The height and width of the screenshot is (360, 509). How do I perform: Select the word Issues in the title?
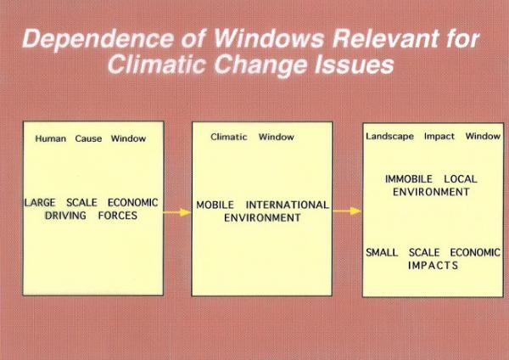point(354,65)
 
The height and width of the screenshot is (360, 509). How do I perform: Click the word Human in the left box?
point(50,138)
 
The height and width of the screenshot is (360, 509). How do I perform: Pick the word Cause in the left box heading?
point(88,138)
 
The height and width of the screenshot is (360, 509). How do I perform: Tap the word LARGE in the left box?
point(40,202)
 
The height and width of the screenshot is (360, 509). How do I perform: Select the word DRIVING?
point(65,216)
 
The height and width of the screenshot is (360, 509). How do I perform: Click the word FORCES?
point(118,216)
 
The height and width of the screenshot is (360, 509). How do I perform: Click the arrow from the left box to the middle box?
point(177,212)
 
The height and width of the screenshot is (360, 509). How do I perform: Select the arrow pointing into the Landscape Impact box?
point(347,211)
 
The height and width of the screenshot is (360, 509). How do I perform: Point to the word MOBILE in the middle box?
point(215,205)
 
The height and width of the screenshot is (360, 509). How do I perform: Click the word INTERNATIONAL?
point(288,205)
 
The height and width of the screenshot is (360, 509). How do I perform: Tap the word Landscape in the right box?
point(390,137)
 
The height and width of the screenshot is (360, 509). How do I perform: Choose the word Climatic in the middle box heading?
point(229,137)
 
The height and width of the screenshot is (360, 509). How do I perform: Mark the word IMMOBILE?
point(409,179)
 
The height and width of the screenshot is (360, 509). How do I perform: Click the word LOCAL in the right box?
point(461,179)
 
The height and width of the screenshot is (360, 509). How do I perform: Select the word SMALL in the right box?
point(382,252)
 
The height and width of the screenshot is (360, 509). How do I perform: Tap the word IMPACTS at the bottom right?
point(433,266)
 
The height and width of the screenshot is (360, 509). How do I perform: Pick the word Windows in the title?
point(269,38)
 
